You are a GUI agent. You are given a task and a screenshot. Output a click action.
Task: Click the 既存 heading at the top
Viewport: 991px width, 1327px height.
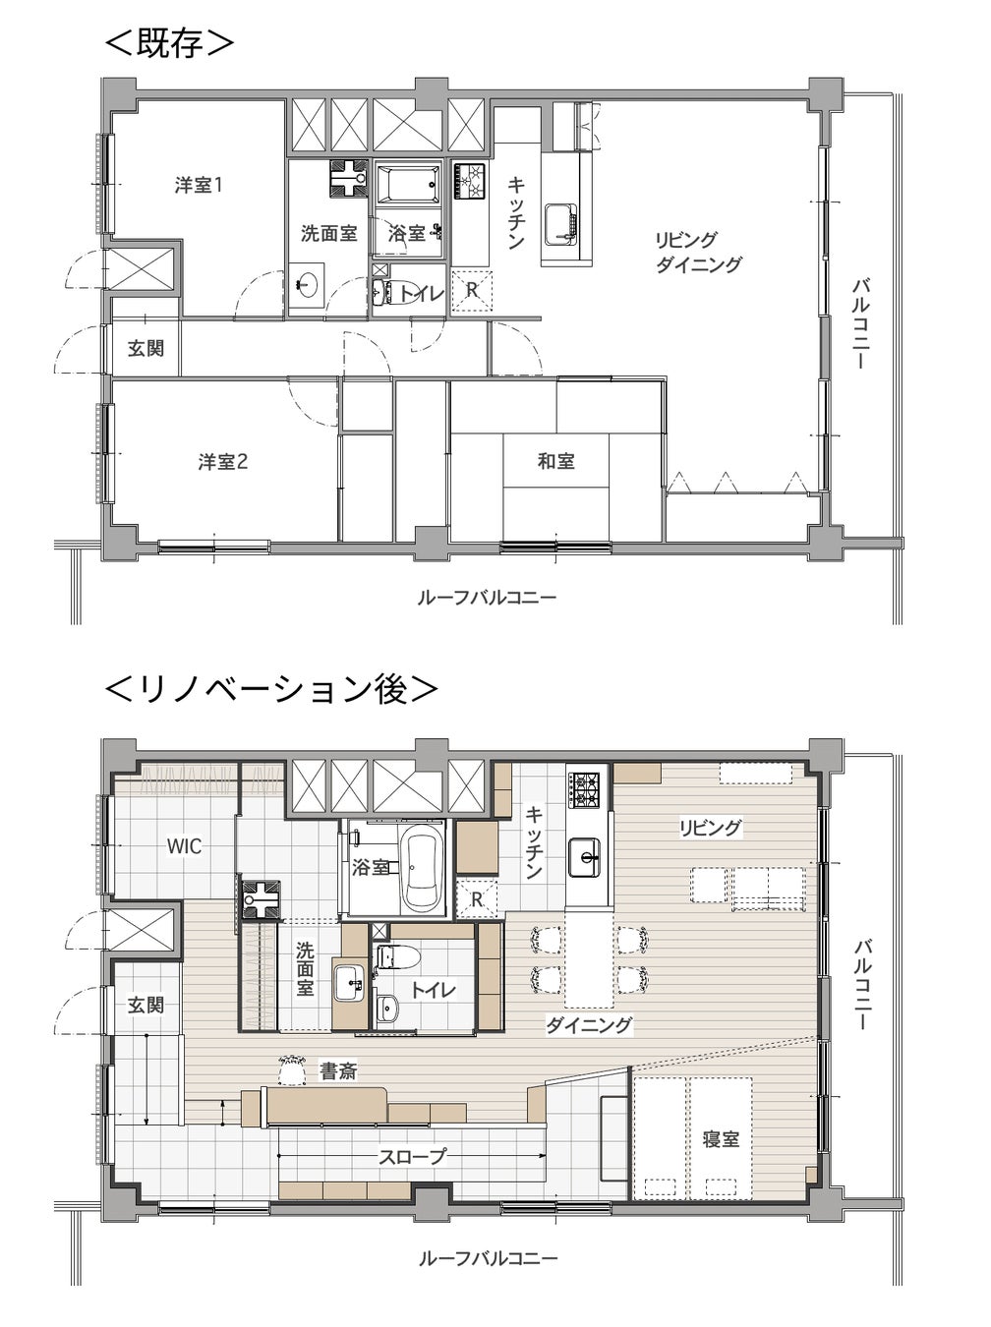(169, 43)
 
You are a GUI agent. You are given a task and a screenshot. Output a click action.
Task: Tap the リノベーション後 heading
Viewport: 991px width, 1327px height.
(271, 689)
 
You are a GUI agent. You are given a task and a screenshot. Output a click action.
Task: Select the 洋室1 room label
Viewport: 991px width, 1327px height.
(199, 185)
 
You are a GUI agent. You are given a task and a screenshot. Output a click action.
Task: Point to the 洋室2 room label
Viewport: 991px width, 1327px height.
(223, 463)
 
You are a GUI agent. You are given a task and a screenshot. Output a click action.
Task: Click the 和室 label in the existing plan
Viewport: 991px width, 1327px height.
(556, 461)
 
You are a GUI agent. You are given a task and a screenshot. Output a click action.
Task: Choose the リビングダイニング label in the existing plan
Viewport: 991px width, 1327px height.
(699, 252)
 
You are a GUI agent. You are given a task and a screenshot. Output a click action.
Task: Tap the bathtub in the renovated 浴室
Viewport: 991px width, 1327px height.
(422, 871)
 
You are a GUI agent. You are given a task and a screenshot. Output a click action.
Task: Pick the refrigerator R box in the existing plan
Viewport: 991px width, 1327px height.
(472, 290)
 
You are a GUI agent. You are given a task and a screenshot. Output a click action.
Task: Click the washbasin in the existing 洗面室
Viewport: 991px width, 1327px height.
(307, 283)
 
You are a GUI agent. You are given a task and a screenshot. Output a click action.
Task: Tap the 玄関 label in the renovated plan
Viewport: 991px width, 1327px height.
(146, 1006)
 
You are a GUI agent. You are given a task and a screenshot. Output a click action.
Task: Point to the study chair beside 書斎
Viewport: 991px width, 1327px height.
(292, 1068)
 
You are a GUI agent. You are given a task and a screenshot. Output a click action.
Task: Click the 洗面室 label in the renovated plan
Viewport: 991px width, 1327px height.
(305, 969)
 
